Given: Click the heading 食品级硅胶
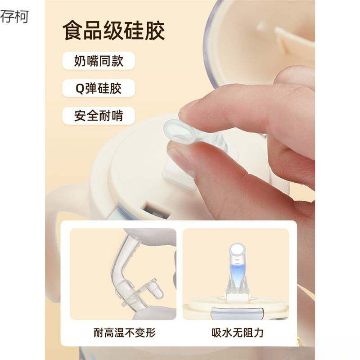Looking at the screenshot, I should (113, 31).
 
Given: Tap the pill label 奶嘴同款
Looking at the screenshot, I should (99, 61).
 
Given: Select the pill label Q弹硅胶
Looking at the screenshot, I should (98, 88).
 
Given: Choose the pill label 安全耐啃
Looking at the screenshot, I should (99, 116).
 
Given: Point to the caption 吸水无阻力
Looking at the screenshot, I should (237, 333).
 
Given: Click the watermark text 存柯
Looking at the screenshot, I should (14, 17).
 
